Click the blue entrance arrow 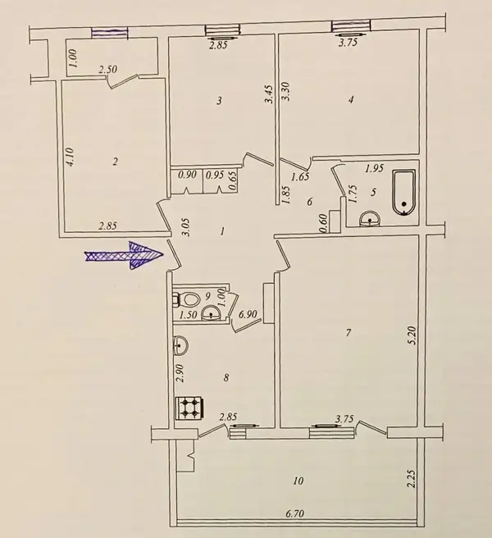124,256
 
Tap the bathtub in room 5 403,193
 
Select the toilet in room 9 185,299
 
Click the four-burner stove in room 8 189,408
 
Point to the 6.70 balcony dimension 295,513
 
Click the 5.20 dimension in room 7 412,335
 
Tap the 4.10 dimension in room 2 70,157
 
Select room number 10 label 298,481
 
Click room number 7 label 348,332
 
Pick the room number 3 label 220,101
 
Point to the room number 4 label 350,100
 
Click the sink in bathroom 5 370,219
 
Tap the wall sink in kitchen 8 180,345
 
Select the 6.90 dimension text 248,314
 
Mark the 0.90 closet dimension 187,175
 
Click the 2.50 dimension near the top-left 107,70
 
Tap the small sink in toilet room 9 210,313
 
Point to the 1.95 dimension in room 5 374,168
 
